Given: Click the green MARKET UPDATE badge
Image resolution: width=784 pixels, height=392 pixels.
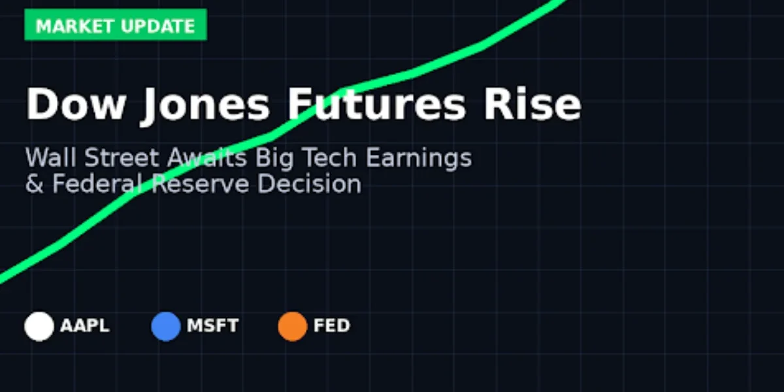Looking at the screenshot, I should click(x=115, y=25).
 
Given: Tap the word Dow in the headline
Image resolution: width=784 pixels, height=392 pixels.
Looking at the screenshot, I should click(x=74, y=105).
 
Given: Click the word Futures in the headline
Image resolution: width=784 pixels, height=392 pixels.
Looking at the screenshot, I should click(x=376, y=105).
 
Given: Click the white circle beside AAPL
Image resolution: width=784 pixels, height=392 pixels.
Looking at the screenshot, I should click(x=39, y=326).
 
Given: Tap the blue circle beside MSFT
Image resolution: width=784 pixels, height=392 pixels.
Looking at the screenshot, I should click(x=165, y=326).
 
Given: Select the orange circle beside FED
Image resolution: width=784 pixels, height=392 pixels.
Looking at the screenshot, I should click(x=292, y=326).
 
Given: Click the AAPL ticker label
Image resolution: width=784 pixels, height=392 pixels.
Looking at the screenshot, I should click(x=85, y=326).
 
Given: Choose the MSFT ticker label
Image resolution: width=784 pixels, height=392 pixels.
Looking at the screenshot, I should click(x=212, y=326).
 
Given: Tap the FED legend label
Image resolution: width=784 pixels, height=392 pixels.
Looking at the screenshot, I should click(x=332, y=326).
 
